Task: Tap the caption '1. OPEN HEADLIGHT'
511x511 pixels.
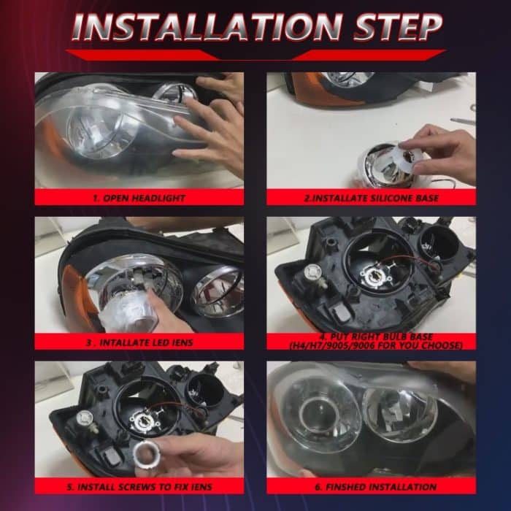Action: pyautogui.click(x=139, y=198)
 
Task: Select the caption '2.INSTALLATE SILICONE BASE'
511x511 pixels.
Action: pyautogui.click(x=371, y=198)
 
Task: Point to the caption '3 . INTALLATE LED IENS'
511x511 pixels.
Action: pyautogui.click(x=139, y=341)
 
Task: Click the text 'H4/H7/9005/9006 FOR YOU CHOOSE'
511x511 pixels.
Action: pyautogui.click(x=371, y=345)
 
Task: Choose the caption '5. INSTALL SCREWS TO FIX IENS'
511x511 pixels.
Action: pyautogui.click(x=139, y=486)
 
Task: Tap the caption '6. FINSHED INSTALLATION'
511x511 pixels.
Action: pyautogui.click(x=371, y=486)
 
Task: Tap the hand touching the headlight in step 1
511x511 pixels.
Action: pyautogui.click(x=212, y=124)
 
